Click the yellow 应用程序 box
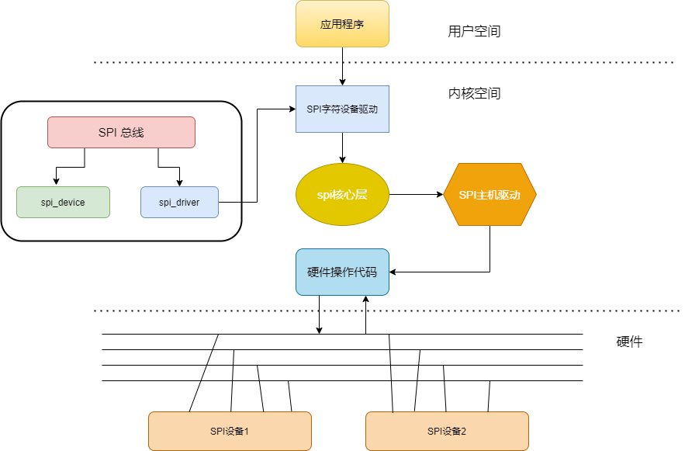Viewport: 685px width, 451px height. click(342, 24)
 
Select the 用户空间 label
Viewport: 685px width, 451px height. click(474, 32)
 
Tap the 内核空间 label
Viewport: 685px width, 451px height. click(474, 94)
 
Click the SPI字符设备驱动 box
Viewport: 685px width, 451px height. click(342, 109)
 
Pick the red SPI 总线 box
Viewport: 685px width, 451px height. click(121, 132)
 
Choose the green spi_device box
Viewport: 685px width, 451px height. click(63, 202)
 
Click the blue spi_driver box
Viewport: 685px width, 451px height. click(179, 202)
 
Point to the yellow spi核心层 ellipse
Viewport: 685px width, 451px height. click(342, 195)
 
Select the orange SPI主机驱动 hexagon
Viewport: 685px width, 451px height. click(490, 195)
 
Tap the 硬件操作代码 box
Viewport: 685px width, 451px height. click(342, 272)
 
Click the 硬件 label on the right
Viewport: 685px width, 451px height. click(629, 342)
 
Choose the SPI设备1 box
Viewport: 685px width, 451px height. click(230, 431)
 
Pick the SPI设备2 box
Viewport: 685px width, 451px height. click(447, 431)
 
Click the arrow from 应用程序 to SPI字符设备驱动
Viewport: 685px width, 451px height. click(342, 67)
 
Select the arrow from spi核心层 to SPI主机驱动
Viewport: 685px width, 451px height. click(416, 195)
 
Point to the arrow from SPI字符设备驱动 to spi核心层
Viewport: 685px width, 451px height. click(342, 147)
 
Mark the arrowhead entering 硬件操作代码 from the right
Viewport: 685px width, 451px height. click(393, 272)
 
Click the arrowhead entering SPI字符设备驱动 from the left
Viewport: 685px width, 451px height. click(291, 109)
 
